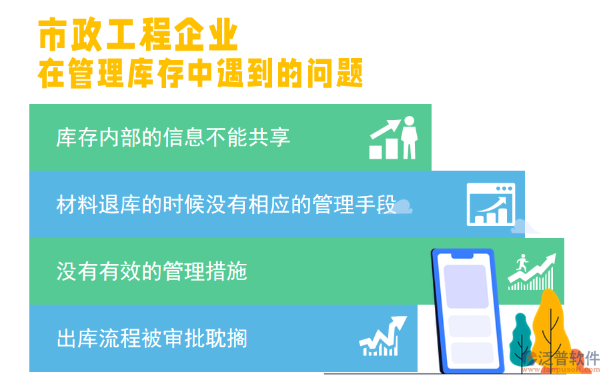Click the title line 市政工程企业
(138, 35)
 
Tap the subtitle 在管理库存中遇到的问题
(200, 73)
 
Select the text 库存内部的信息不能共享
(173, 137)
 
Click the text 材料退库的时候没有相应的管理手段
(226, 205)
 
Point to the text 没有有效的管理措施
(152, 272)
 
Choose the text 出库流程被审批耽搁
(152, 339)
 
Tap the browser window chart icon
(490, 204)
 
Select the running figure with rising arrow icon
(531, 272)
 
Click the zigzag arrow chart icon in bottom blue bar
(382, 337)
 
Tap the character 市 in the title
(51, 35)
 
